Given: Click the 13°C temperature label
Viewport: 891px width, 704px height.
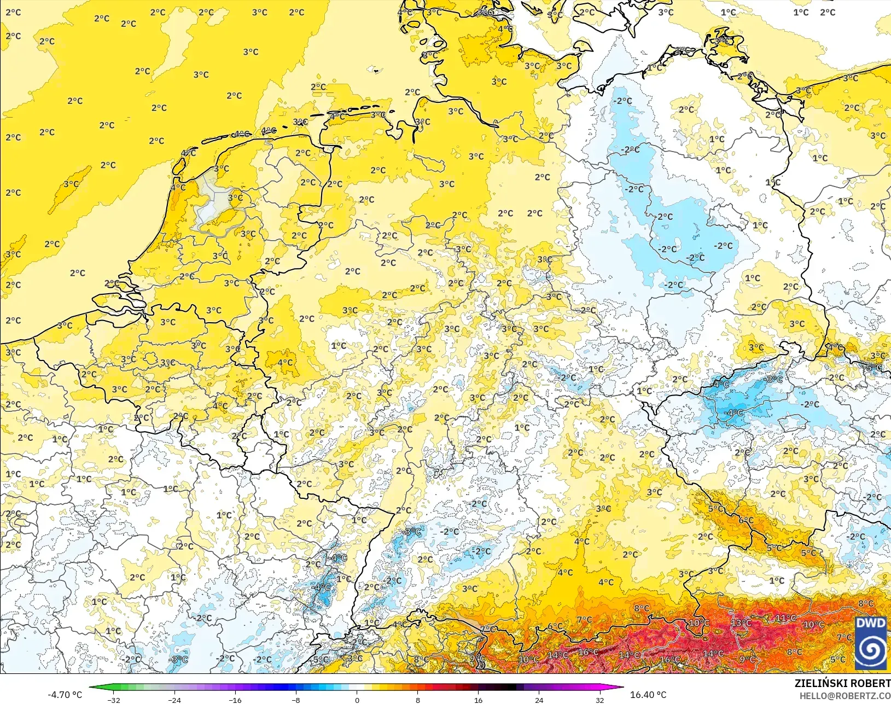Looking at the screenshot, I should [741, 623].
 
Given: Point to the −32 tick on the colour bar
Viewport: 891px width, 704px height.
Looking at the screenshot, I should [114, 700].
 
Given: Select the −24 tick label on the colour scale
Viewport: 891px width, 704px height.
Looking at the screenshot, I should [174, 700].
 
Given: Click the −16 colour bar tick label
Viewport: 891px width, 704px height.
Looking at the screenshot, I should [235, 700].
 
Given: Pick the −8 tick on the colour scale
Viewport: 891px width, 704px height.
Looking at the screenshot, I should [295, 700].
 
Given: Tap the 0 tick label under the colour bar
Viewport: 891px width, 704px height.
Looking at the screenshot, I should [357, 700].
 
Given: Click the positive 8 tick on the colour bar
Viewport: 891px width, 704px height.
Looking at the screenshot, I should [417, 700].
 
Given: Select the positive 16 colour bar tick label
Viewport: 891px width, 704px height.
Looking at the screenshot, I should [478, 700].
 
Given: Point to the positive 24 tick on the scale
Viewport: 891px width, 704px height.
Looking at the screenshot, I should [539, 700].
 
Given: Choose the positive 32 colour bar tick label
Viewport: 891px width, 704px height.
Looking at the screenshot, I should [599, 700].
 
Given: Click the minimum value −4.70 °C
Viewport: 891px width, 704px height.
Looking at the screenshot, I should [65, 695].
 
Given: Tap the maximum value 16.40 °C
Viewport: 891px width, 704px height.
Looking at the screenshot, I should [648, 695].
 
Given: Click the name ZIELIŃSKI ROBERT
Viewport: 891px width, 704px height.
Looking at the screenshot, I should [842, 683].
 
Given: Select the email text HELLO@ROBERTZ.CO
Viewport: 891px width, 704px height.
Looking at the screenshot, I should [845, 696].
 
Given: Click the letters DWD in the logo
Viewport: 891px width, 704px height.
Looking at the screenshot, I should [871, 623].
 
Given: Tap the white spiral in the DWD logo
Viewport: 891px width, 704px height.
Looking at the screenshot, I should [871, 649].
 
